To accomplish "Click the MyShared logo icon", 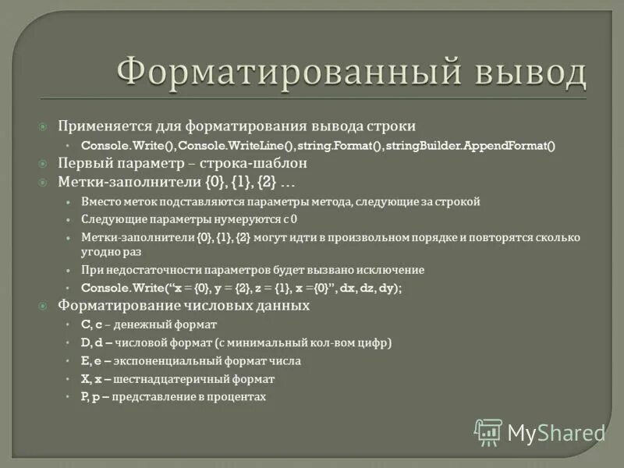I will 489,432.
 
